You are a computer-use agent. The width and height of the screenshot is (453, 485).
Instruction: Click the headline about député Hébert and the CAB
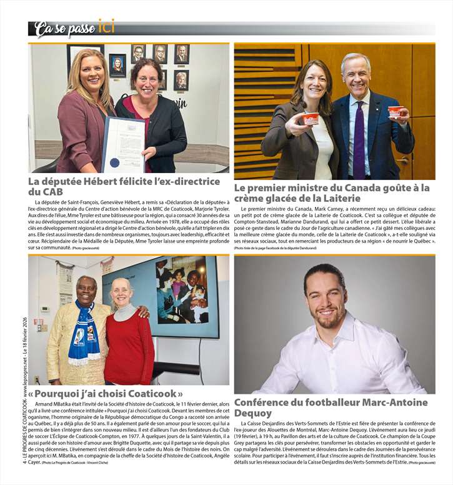[124, 186]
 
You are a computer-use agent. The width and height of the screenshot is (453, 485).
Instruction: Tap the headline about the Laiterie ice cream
[332, 192]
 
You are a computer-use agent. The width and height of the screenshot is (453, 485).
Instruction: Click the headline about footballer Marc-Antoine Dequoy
[330, 408]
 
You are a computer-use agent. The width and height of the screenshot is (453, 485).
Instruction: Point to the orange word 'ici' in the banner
[106, 27]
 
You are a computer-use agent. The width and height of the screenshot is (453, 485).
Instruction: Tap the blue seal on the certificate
[114, 162]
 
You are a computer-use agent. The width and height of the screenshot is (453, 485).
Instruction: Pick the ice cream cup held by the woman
[310, 118]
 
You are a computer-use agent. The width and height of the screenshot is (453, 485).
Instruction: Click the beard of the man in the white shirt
[330, 320]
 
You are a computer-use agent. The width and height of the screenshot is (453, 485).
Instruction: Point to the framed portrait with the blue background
[117, 65]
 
